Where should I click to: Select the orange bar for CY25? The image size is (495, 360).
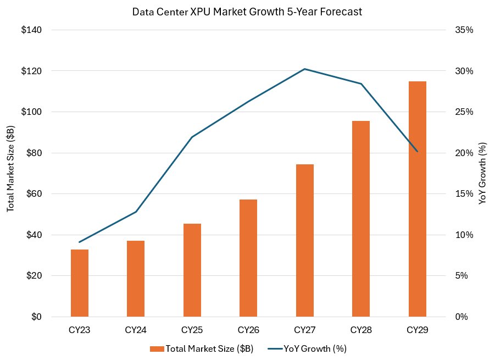tap(192, 270)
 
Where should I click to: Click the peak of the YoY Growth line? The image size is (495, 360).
tap(304, 69)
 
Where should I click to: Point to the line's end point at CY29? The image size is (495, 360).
tap(417, 151)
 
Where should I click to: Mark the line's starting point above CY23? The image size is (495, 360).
tap(80, 242)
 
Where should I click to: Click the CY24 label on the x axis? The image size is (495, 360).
tap(136, 330)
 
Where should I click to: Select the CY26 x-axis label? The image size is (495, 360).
tap(248, 330)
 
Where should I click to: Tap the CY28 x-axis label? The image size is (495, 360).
tap(361, 330)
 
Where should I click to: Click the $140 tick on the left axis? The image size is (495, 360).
tap(31, 30)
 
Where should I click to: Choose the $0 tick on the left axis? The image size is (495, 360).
tap(36, 317)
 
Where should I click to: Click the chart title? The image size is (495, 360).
tap(247, 12)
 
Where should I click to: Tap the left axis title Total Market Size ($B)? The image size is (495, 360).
tap(10, 173)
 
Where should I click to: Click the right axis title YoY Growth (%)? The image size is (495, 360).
tap(483, 173)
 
